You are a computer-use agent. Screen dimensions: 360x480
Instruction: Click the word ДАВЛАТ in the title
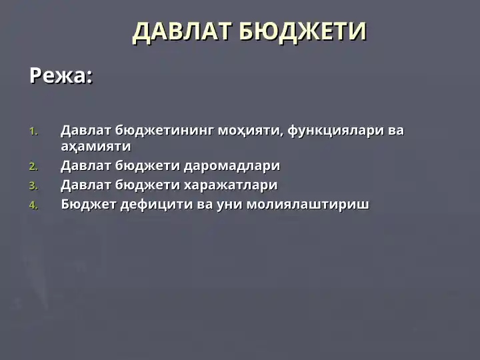coord(182,32)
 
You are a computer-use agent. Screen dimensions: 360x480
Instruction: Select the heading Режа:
coord(61,76)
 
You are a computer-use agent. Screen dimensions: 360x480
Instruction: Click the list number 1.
coord(34,131)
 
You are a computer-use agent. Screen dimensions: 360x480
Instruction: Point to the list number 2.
coord(34,167)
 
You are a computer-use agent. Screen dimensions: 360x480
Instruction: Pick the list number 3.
coord(34,186)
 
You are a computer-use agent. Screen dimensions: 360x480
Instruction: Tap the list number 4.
coord(34,205)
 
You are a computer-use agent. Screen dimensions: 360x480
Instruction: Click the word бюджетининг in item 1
coord(164,131)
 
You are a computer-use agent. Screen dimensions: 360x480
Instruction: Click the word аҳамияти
coord(95,146)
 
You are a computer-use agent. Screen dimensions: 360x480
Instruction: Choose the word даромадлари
coord(231,165)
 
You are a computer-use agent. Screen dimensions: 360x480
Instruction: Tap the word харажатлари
coord(230,185)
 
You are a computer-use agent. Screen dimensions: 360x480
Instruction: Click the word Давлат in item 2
coord(85,165)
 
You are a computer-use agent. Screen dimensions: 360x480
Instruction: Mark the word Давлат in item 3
coord(85,185)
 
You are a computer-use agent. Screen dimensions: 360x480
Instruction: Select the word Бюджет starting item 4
coord(88,204)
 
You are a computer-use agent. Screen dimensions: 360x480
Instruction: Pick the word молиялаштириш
coord(307,204)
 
